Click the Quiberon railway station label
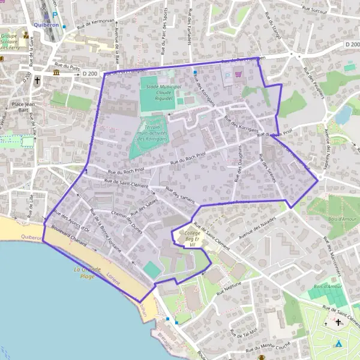(x=46, y=25)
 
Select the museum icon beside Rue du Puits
(x=56, y=73)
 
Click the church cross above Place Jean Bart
(x=37, y=79)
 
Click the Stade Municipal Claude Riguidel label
(x=155, y=93)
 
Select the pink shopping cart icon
(x=239, y=74)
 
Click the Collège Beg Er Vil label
(x=191, y=239)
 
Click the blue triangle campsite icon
(x=338, y=344)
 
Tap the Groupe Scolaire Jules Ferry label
(x=8, y=41)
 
